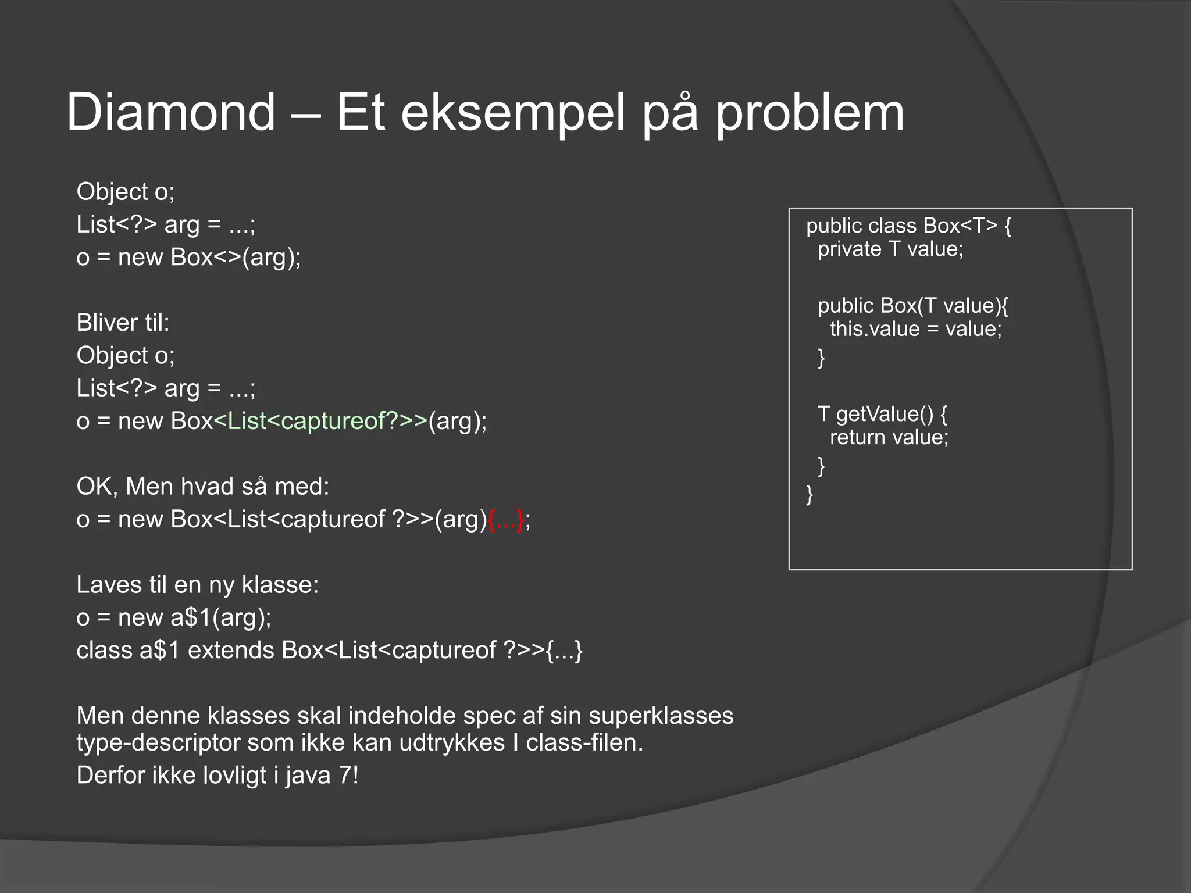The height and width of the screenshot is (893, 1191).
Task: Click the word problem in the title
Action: [x=810, y=113]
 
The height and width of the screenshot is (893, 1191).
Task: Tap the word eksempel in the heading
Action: [x=512, y=113]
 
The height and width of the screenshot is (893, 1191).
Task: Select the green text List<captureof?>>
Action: [x=320, y=421]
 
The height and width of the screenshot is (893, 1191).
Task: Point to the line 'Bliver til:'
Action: [x=123, y=323]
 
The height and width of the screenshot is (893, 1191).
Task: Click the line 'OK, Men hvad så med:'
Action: [x=202, y=487]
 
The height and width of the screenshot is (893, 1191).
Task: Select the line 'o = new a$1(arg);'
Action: [x=173, y=617]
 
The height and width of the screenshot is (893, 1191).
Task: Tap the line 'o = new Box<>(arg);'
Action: [x=188, y=258]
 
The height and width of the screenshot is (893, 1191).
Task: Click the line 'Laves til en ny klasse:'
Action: [x=197, y=585]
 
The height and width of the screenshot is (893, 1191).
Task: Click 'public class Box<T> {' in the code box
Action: [x=908, y=226]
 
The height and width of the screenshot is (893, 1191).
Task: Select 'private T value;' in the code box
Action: [x=890, y=249]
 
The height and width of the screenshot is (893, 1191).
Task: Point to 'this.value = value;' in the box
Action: [x=915, y=329]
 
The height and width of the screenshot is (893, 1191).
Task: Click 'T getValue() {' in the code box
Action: [x=882, y=414]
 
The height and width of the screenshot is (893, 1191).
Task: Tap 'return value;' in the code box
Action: [x=889, y=437]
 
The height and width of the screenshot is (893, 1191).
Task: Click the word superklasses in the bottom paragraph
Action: [x=661, y=716]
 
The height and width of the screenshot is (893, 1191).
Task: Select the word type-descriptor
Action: [x=158, y=743]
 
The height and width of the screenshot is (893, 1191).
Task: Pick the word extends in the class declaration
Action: [x=231, y=651]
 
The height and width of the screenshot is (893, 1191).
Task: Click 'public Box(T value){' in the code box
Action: [x=912, y=306]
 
